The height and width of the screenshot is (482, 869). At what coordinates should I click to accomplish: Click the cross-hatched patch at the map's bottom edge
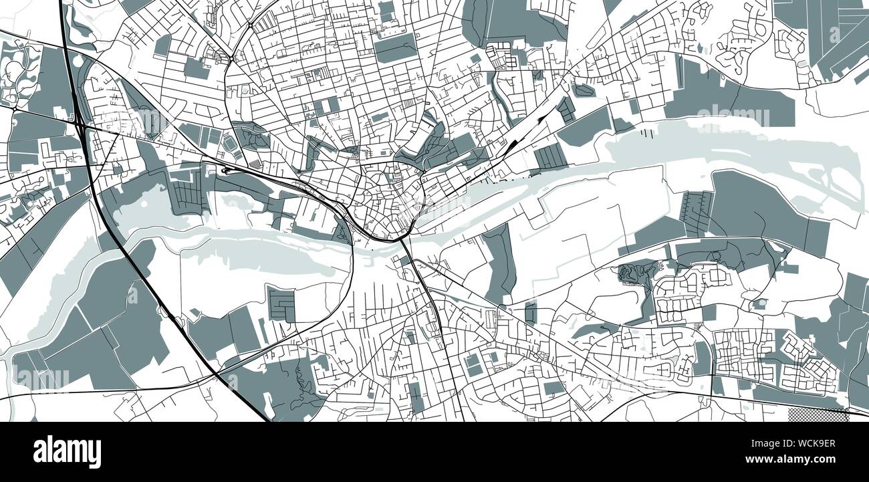click(x=818, y=415)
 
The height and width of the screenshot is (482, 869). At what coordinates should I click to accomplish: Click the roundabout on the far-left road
click(x=14, y=107)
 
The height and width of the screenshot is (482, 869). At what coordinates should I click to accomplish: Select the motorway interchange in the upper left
click(x=79, y=123)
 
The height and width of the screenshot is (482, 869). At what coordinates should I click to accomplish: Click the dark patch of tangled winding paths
click(x=632, y=272)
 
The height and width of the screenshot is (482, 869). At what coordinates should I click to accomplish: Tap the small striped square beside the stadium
click(x=255, y=164)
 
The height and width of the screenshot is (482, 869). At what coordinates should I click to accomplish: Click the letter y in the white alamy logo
click(x=94, y=454)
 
